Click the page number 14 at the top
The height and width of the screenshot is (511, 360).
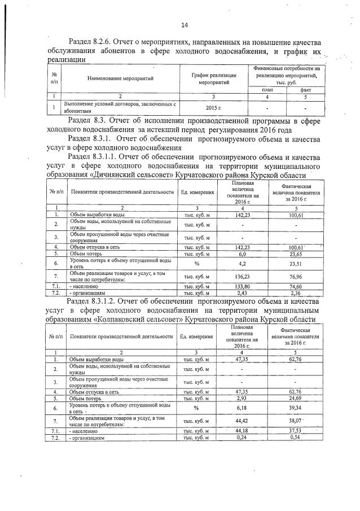pos(184,24)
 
